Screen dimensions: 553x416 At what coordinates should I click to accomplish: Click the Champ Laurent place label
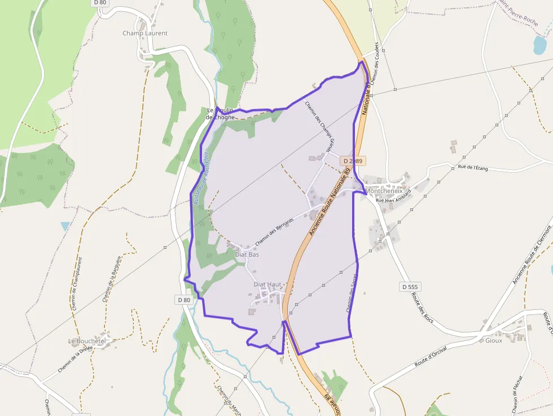[145, 33]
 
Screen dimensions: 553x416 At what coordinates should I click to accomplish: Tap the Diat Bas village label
[247, 255]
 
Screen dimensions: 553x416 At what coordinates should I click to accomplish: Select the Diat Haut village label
[267, 284]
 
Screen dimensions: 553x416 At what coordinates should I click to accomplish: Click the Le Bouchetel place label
[87, 341]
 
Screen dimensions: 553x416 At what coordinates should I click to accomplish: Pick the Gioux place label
[493, 340]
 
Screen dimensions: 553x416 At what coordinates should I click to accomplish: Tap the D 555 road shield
[410, 287]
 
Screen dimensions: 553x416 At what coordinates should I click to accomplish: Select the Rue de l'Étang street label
[472, 167]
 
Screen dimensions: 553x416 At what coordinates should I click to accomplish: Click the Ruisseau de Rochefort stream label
[201, 177]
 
